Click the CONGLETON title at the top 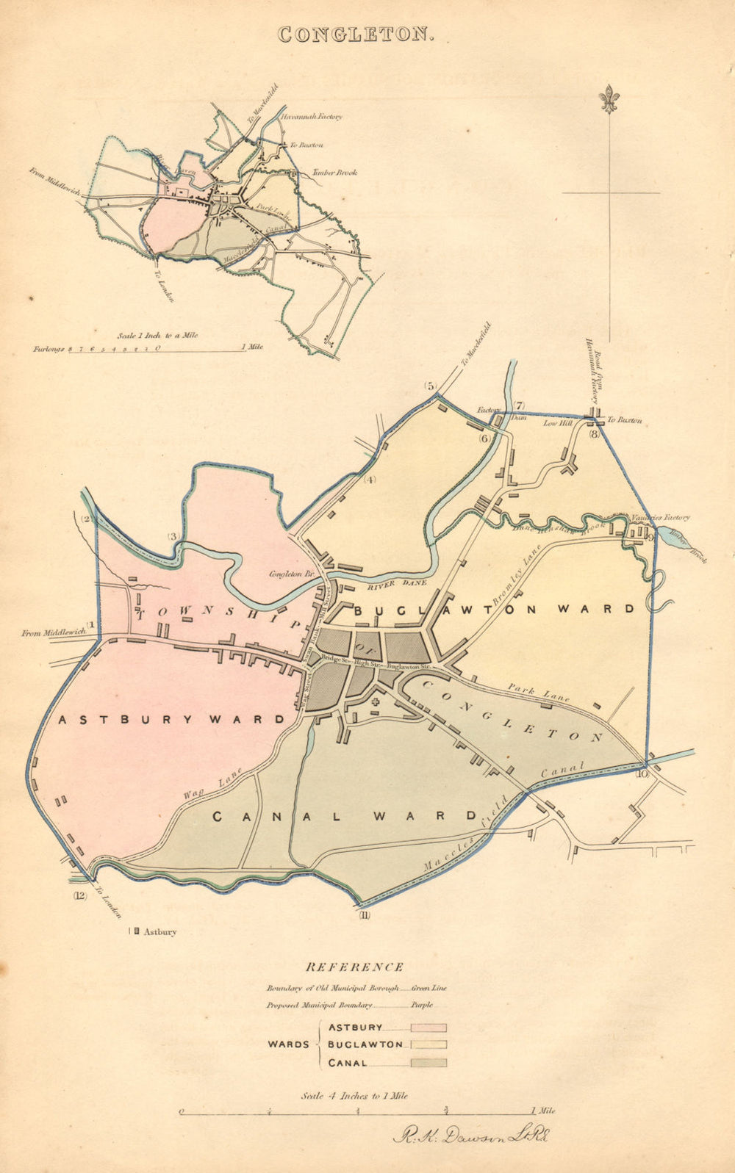[356, 35]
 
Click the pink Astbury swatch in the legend [429, 1028]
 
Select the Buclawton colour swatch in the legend [429, 1044]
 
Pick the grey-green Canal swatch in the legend [429, 1062]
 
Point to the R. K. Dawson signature [471, 1136]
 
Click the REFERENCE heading [354, 967]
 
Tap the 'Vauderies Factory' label [660, 518]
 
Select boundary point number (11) [365, 914]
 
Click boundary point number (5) [430, 386]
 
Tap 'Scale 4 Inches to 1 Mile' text [354, 1095]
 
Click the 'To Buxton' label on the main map [624, 420]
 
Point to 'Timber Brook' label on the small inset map [334, 173]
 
